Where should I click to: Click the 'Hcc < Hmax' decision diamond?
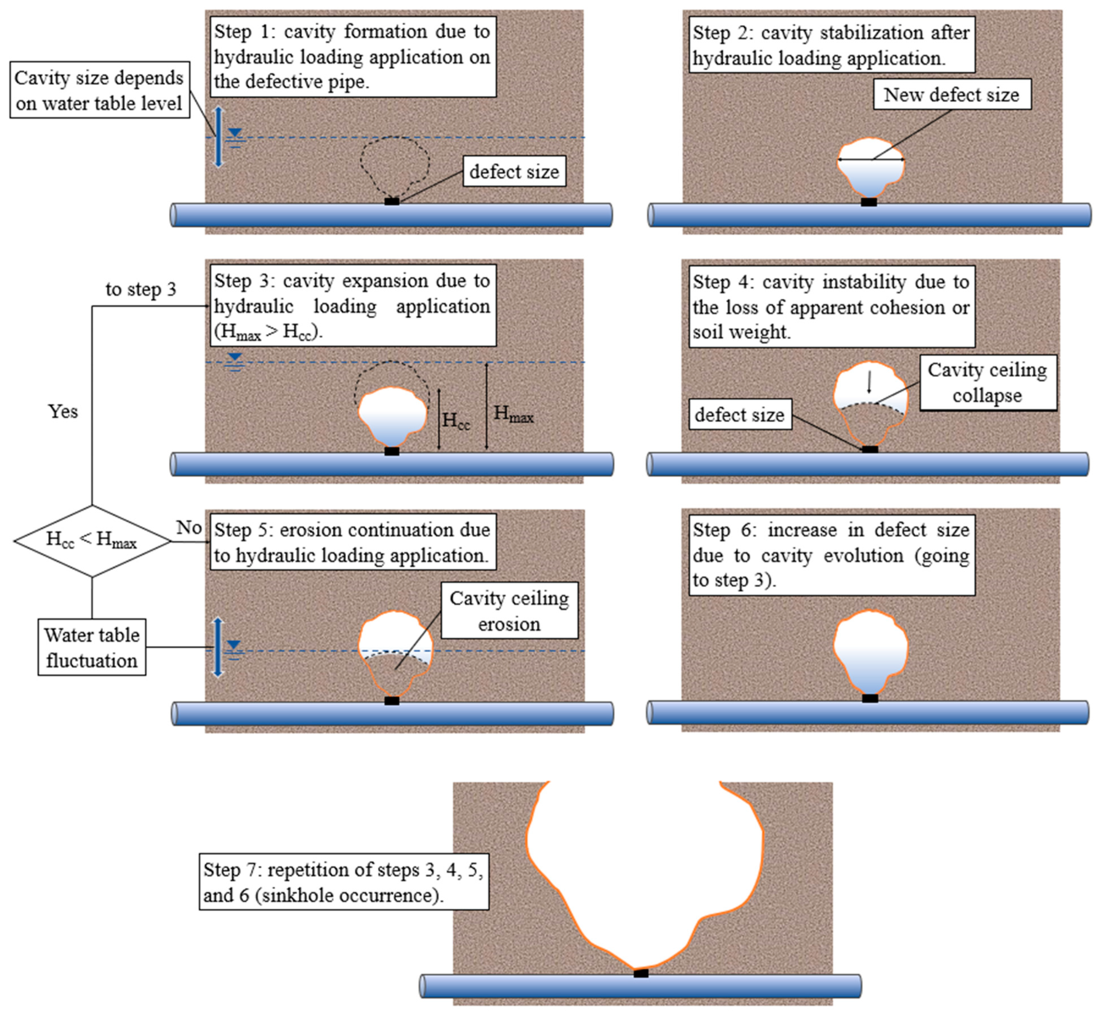tap(92, 541)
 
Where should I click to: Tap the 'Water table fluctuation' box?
tap(92, 647)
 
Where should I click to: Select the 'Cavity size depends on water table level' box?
tap(100, 90)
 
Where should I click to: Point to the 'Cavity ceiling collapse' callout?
tap(987, 382)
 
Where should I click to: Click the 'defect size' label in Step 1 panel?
tap(514, 171)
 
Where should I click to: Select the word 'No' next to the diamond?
tap(189, 527)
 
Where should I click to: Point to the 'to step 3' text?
tap(141, 289)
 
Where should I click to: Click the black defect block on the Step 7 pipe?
tap(640, 973)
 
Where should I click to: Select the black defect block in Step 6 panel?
tap(869, 698)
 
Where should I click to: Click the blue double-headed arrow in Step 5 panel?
tap(218, 647)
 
